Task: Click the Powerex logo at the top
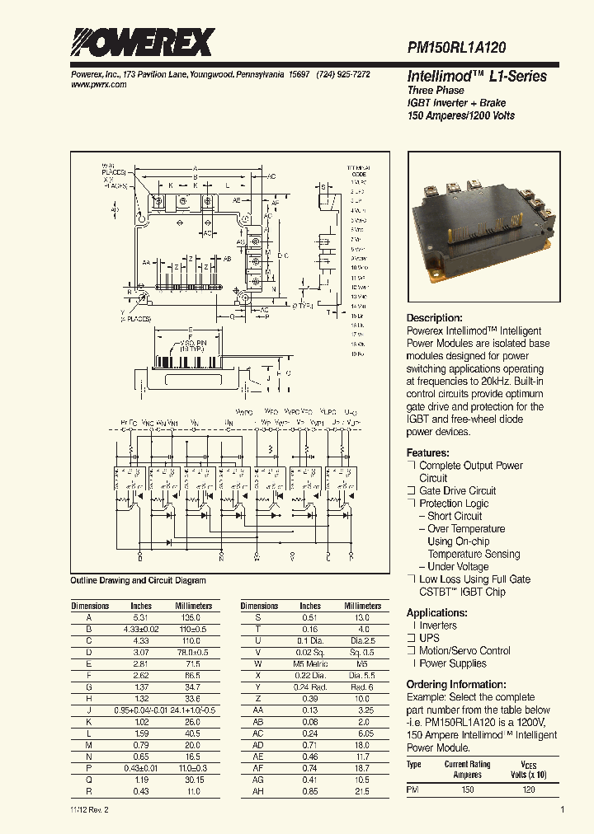(x=141, y=42)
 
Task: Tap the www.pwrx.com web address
(x=94, y=85)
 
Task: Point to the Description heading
(x=434, y=318)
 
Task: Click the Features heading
(x=427, y=453)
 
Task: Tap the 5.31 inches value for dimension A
(x=141, y=617)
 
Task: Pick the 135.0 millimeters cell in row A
(x=193, y=617)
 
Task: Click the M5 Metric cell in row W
(x=310, y=663)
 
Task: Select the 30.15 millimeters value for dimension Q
(x=193, y=780)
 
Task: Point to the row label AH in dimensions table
(x=258, y=791)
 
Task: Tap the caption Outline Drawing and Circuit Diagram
(x=138, y=581)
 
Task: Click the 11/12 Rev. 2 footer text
(x=89, y=810)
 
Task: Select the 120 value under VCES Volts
(x=529, y=789)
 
